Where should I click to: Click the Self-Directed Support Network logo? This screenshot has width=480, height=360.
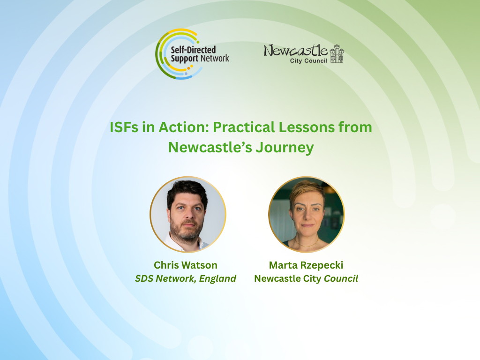pyautogui.click(x=192, y=54)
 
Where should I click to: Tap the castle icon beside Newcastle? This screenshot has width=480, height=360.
pyautogui.click(x=337, y=53)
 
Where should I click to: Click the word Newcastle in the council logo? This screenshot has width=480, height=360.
pyautogui.click(x=295, y=51)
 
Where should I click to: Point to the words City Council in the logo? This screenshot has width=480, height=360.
pyautogui.click(x=308, y=60)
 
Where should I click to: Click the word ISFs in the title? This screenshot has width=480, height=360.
pyautogui.click(x=124, y=127)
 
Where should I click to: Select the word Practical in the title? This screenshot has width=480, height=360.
pyautogui.click(x=244, y=127)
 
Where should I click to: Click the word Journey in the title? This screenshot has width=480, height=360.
pyautogui.click(x=285, y=148)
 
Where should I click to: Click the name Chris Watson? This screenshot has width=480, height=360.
pyautogui.click(x=186, y=265)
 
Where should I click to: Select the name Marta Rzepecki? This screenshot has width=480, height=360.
pyautogui.click(x=306, y=265)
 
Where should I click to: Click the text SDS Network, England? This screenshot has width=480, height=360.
pyautogui.click(x=186, y=278)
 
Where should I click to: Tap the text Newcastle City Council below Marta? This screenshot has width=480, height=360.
pyautogui.click(x=306, y=278)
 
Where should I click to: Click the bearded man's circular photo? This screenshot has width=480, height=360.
pyautogui.click(x=188, y=214)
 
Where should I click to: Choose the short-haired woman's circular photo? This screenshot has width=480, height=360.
pyautogui.click(x=307, y=214)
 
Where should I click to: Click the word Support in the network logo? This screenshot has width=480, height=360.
pyautogui.click(x=184, y=59)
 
